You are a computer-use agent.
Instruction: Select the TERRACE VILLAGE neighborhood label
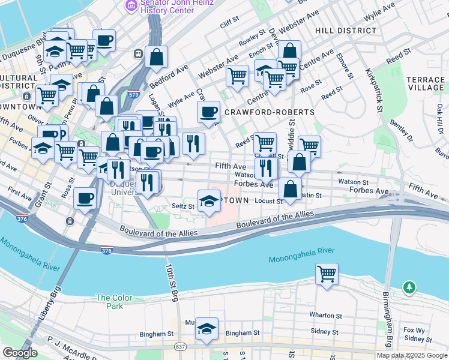(425, 83)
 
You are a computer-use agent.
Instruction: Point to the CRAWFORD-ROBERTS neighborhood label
(269, 112)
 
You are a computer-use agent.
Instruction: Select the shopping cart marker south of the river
(327, 275)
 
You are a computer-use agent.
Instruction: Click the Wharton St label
(325, 315)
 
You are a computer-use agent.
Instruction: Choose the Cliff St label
(229, 25)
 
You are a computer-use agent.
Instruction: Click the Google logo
(20, 353)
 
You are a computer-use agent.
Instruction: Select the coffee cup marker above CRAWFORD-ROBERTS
(209, 112)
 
